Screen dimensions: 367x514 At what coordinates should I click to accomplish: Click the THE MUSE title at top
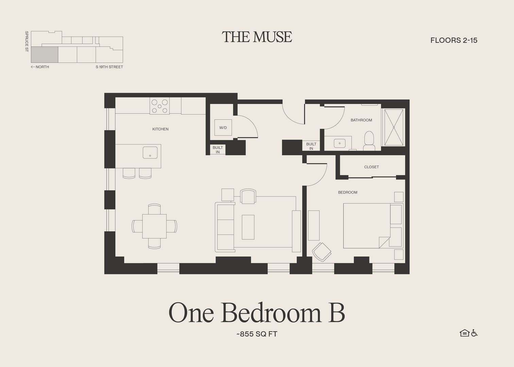(257, 37)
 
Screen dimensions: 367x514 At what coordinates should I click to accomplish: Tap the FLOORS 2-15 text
(453, 40)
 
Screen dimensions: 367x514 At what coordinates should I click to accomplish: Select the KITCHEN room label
(160, 129)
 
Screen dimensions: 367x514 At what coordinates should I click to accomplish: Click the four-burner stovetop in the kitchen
(160, 106)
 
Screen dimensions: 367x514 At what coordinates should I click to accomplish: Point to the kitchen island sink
(150, 152)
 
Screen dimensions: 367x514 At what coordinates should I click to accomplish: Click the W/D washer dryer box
(223, 128)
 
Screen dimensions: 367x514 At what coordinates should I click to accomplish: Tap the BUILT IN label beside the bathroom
(311, 146)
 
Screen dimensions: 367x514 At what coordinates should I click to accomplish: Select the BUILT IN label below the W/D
(218, 150)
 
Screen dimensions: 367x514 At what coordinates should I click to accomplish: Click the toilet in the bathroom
(369, 141)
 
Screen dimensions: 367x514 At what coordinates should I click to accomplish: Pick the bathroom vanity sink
(339, 143)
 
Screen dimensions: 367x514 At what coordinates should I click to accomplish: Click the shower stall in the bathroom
(394, 127)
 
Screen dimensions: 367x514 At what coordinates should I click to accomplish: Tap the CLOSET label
(371, 167)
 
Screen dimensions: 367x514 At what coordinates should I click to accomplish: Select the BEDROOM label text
(347, 192)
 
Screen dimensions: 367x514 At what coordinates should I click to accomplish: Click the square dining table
(154, 226)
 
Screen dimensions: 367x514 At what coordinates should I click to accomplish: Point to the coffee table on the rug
(248, 227)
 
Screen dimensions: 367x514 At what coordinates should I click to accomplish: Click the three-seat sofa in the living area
(225, 227)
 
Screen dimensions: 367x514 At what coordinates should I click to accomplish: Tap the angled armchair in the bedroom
(321, 252)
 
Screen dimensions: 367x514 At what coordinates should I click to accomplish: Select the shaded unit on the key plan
(45, 55)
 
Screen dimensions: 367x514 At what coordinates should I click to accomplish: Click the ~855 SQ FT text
(257, 334)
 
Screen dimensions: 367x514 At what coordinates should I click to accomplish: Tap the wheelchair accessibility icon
(475, 333)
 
